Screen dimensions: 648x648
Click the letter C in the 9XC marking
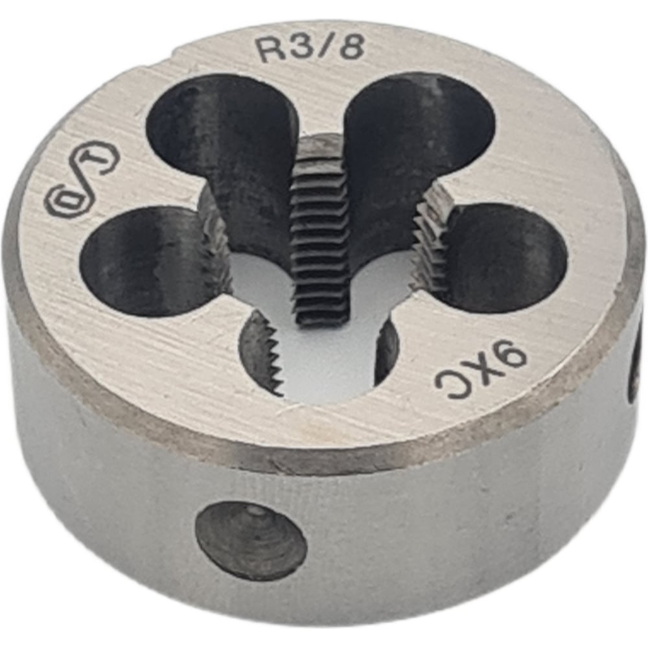[x=450, y=388]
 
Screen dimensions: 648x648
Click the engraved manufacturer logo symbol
[x=81, y=188]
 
